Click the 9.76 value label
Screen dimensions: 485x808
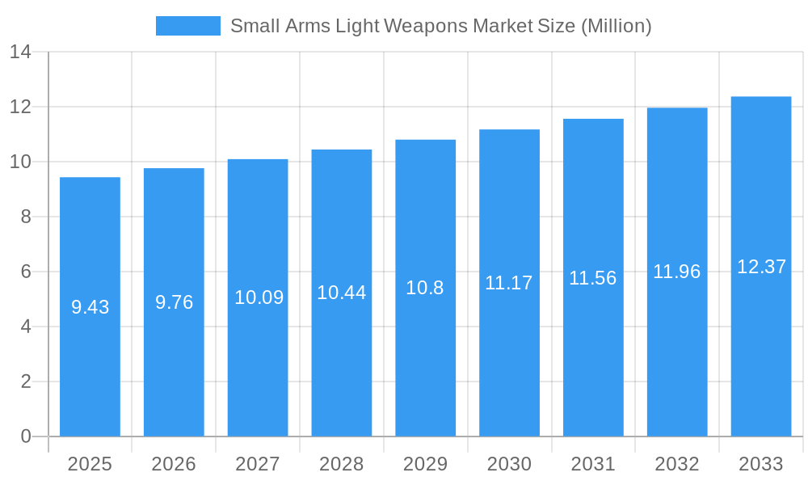tap(174, 302)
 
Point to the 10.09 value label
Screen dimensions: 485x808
tap(259, 297)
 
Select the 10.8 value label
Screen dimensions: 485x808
tap(425, 288)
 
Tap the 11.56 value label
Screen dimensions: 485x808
tap(592, 278)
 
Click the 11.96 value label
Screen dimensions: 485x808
tap(676, 272)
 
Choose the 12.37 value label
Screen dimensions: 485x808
tap(761, 267)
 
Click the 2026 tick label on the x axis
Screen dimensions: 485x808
tap(174, 464)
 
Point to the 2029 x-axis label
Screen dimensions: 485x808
tap(425, 464)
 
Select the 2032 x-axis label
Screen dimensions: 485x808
tap(676, 464)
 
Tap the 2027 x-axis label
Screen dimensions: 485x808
tap(258, 464)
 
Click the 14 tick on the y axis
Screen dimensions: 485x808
tap(20, 52)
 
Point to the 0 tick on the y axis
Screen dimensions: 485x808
tap(25, 436)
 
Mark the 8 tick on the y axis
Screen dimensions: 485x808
tap(25, 217)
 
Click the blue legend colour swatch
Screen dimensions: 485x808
tap(187, 26)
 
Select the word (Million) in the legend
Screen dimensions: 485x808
tap(616, 26)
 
